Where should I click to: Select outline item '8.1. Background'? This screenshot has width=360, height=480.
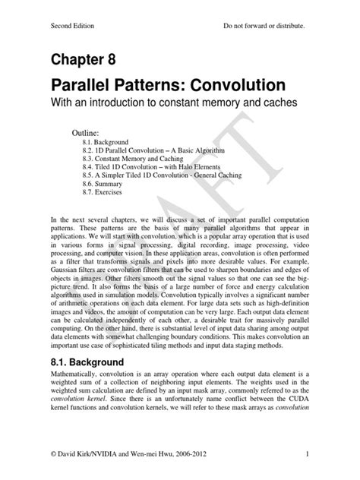[x=106, y=142]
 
